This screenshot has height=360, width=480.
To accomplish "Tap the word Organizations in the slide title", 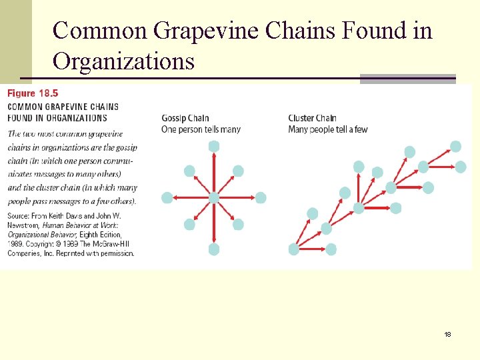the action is point(123,61).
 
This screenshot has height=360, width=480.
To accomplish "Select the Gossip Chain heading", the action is point(185,119).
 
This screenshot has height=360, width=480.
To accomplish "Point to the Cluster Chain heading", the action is point(312,119).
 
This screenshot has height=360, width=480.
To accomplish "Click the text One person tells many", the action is point(201,129).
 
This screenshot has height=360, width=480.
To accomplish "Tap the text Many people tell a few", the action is point(328,129).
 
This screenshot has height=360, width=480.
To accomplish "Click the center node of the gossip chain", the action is point(213,197).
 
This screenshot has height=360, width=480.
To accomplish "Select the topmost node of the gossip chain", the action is point(213,146).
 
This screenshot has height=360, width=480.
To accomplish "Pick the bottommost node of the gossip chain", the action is point(213,249).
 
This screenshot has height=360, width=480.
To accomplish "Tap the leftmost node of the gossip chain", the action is point(167,197).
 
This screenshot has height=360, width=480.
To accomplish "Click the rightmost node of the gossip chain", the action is point(261,197).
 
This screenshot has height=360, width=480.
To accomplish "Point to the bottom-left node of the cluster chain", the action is point(294,249).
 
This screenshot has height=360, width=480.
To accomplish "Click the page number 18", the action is point(448,334).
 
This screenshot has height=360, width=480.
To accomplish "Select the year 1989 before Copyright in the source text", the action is point(16,244).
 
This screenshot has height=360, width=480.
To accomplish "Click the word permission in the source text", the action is point(117,253).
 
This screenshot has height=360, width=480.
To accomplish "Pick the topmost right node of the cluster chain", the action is point(455,146).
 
